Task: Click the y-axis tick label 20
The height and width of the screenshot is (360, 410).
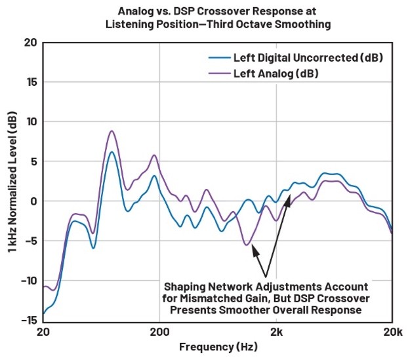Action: pyautogui.click(x=29, y=43)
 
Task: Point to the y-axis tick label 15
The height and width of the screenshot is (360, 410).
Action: pyautogui.click(x=30, y=83)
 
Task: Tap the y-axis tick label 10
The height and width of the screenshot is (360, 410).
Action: pyautogui.click(x=30, y=122)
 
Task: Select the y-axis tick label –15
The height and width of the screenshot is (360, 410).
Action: pyautogui.click(x=28, y=320)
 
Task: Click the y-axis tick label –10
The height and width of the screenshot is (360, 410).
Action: pyautogui.click(x=28, y=281)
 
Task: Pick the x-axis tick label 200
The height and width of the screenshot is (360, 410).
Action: pyautogui.click(x=159, y=332)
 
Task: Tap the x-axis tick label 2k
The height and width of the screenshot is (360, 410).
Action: pyautogui.click(x=276, y=332)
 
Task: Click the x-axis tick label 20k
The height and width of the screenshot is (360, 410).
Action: pyautogui.click(x=392, y=332)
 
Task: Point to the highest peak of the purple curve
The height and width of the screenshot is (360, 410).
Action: pyautogui.click(x=112, y=131)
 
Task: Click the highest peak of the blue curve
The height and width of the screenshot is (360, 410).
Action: pyautogui.click(x=112, y=152)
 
